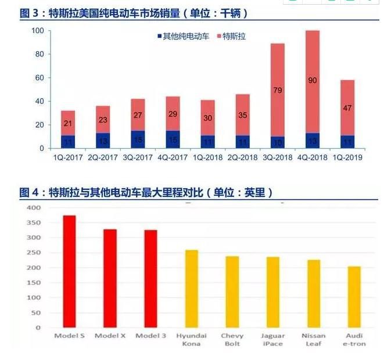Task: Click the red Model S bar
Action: click(x=69, y=271)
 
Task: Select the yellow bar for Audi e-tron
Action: click(x=354, y=297)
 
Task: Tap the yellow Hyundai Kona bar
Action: click(x=191, y=289)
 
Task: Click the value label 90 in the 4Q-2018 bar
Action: click(x=313, y=80)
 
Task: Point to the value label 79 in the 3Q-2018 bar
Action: click(x=278, y=90)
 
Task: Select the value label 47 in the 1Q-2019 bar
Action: click(x=347, y=108)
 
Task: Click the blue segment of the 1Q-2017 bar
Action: click(x=69, y=142)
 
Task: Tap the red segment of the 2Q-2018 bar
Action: click(x=243, y=114)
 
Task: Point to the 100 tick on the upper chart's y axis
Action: click(x=37, y=30)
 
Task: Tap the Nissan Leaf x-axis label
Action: click(x=313, y=339)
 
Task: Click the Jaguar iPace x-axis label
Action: click(x=272, y=339)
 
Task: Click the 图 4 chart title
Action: click(x=145, y=192)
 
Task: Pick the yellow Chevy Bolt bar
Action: click(x=232, y=291)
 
